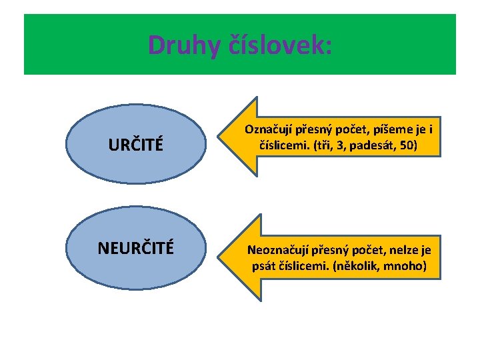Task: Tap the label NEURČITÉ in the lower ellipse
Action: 136,248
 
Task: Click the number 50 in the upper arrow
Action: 407,145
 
